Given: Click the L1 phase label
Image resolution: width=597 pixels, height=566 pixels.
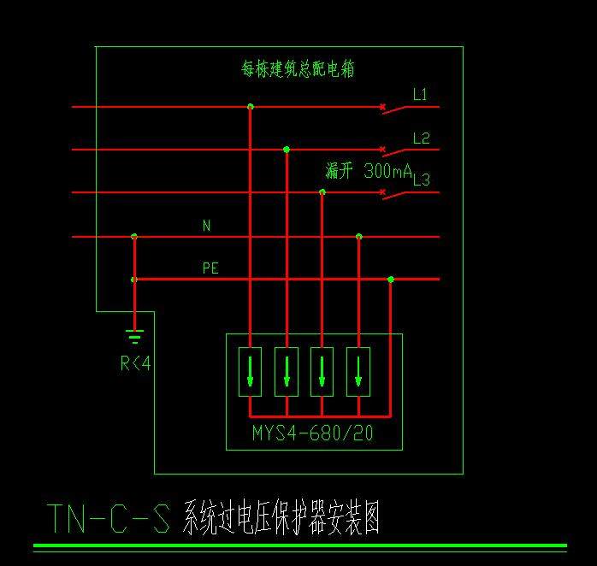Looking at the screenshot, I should click(420, 95).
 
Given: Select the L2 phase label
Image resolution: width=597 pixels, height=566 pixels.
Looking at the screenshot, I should click(421, 139).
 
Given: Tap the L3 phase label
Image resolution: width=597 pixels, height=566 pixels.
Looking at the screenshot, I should click(421, 180).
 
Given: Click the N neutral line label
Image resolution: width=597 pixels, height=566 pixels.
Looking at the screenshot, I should click(206, 226).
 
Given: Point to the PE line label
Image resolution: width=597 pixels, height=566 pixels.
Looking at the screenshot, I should click(210, 268).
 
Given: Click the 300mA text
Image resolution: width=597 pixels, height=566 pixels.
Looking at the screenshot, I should click(388, 171).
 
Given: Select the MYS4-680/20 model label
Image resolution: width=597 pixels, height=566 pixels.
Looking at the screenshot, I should click(313, 433).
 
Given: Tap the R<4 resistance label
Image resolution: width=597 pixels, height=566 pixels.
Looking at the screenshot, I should click(135, 364).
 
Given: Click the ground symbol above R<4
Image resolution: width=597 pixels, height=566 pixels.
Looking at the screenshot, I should click(134, 335).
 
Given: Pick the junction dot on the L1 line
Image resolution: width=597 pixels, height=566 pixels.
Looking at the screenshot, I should click(250, 107).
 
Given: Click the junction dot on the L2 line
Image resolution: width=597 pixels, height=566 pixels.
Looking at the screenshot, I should click(287, 150).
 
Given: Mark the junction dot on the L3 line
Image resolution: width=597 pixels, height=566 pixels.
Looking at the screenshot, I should click(322, 192).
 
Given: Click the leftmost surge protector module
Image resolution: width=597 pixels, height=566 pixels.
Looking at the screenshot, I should click(251, 371).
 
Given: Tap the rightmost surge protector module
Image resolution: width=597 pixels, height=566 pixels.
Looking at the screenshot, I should click(358, 371).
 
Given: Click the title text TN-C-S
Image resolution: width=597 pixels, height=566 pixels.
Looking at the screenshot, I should click(108, 517).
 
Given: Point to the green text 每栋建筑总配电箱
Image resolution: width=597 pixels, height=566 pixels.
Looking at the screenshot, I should click(298, 69).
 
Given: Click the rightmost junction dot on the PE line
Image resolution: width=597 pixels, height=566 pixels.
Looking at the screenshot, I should click(391, 280).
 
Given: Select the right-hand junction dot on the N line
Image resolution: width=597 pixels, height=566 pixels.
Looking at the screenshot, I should click(359, 236).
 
